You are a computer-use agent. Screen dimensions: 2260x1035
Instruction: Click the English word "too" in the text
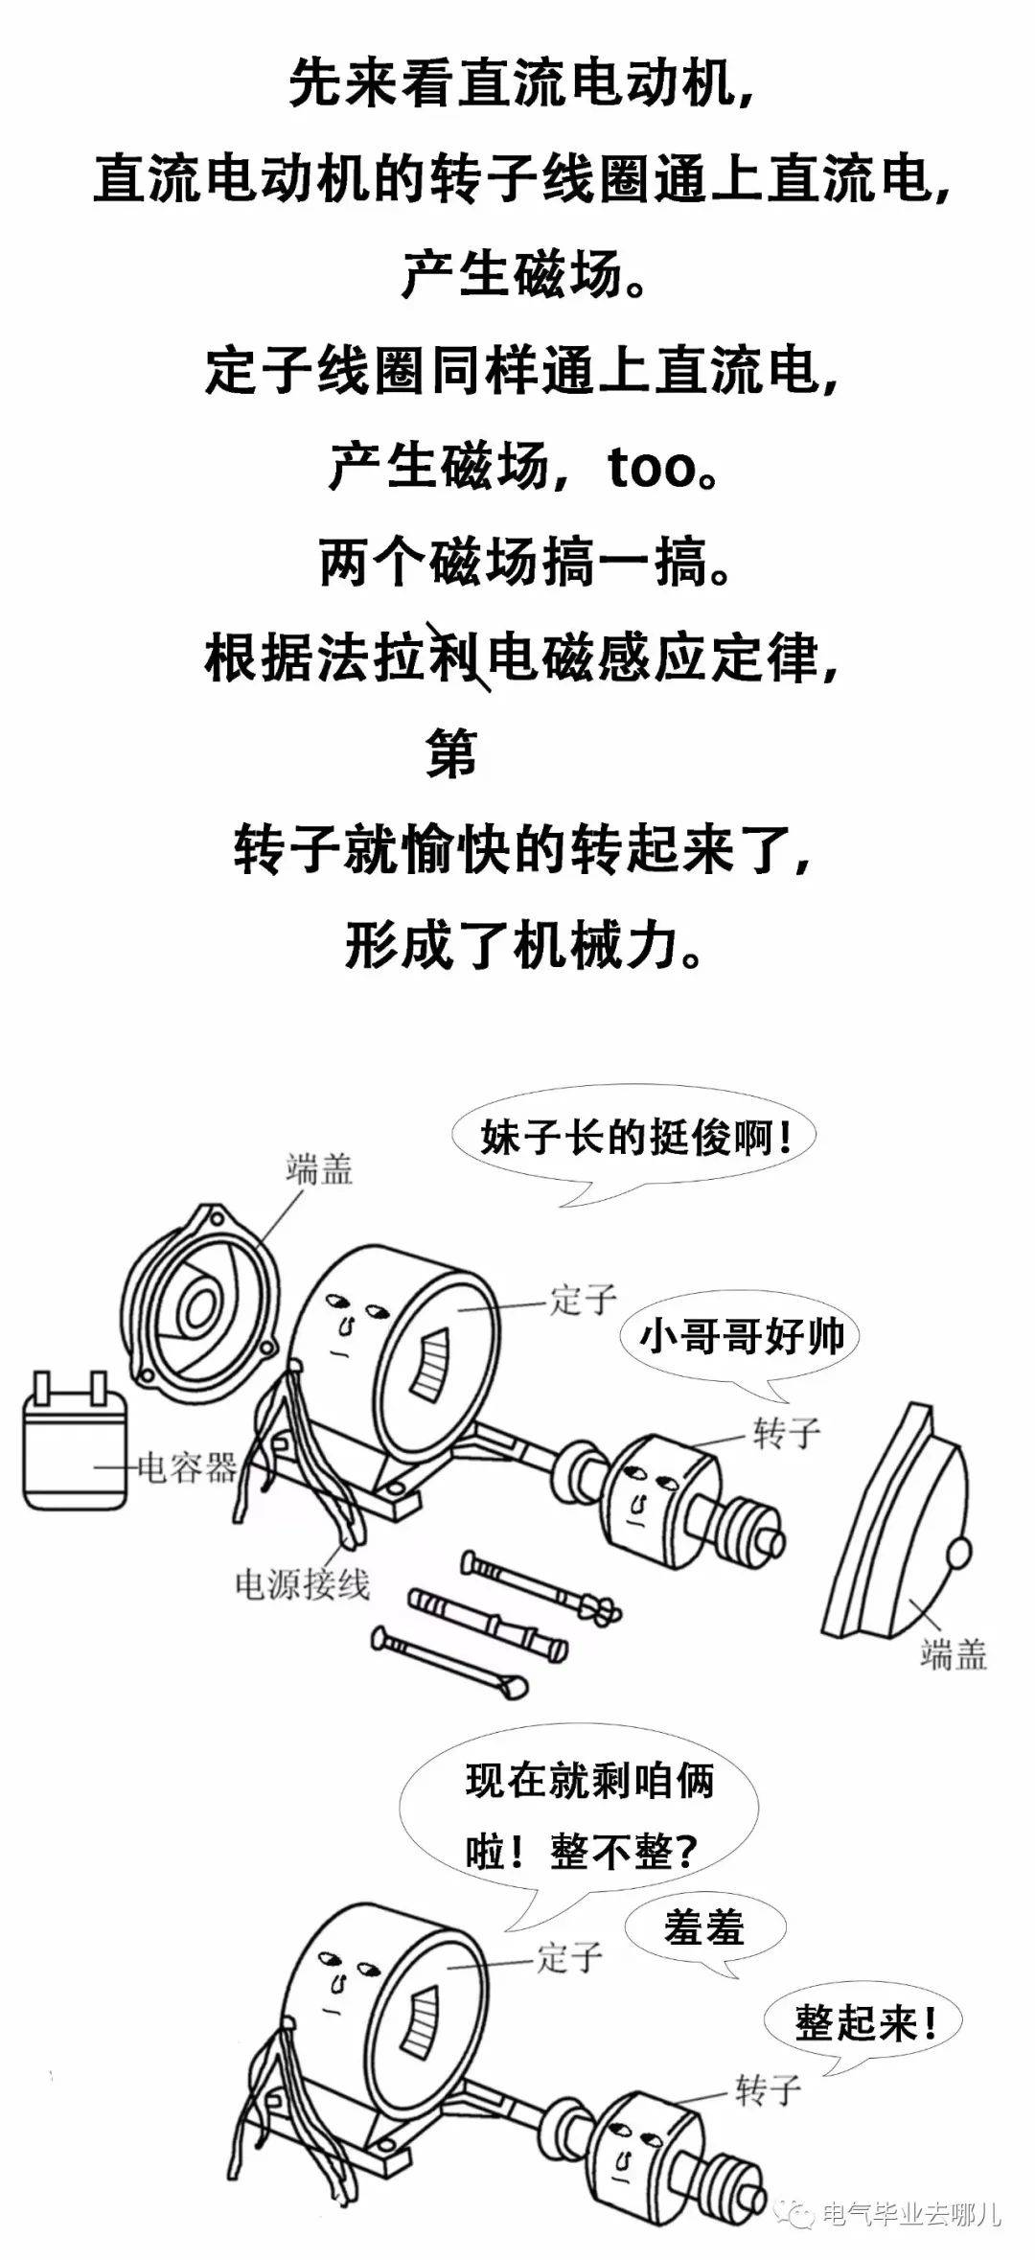coord(651,469)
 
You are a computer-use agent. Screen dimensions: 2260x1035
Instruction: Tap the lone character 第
coord(451,753)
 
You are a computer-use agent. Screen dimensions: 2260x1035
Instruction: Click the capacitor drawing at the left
coord(75,1446)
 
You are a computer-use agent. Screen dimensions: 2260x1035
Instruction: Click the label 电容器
coord(188,1466)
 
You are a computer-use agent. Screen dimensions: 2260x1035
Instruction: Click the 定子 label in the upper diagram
coord(583,1299)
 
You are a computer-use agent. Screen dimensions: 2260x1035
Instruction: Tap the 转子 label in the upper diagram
coord(787,1434)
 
